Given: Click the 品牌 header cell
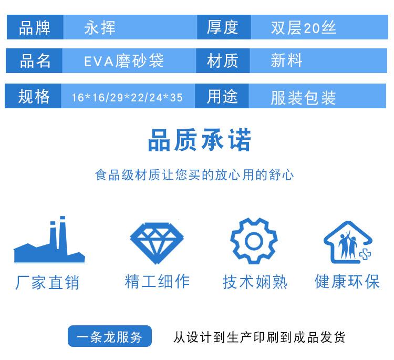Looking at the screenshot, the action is pyautogui.click(x=35, y=27).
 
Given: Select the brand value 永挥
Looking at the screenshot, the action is pyautogui.click(x=100, y=27).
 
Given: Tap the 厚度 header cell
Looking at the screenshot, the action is pyautogui.click(x=224, y=27).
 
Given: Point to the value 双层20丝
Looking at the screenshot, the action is pyautogui.click(x=303, y=28).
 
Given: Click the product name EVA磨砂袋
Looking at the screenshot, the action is pyautogui.click(x=124, y=61).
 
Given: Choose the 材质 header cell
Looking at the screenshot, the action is pyautogui.click(x=223, y=61).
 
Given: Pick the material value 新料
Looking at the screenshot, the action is pyautogui.click(x=286, y=60).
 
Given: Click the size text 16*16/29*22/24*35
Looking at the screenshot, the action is pyautogui.click(x=127, y=98).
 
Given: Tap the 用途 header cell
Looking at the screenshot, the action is pyautogui.click(x=222, y=96).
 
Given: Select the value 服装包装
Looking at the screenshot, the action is pyautogui.click(x=303, y=98).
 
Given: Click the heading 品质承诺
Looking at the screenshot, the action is pyautogui.click(x=200, y=140).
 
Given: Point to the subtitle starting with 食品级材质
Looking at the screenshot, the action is pyautogui.click(x=194, y=174).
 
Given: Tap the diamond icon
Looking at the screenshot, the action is pyautogui.click(x=157, y=243).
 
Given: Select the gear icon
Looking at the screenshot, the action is pyautogui.click(x=254, y=241).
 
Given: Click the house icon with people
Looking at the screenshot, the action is pyautogui.click(x=348, y=242).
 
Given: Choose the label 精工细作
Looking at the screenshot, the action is pyautogui.click(x=157, y=281).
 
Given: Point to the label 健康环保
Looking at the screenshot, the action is pyautogui.click(x=347, y=281).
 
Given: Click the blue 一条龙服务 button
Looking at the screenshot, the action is pyautogui.click(x=110, y=336).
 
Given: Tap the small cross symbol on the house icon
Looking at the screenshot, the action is pyautogui.click(x=365, y=255).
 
